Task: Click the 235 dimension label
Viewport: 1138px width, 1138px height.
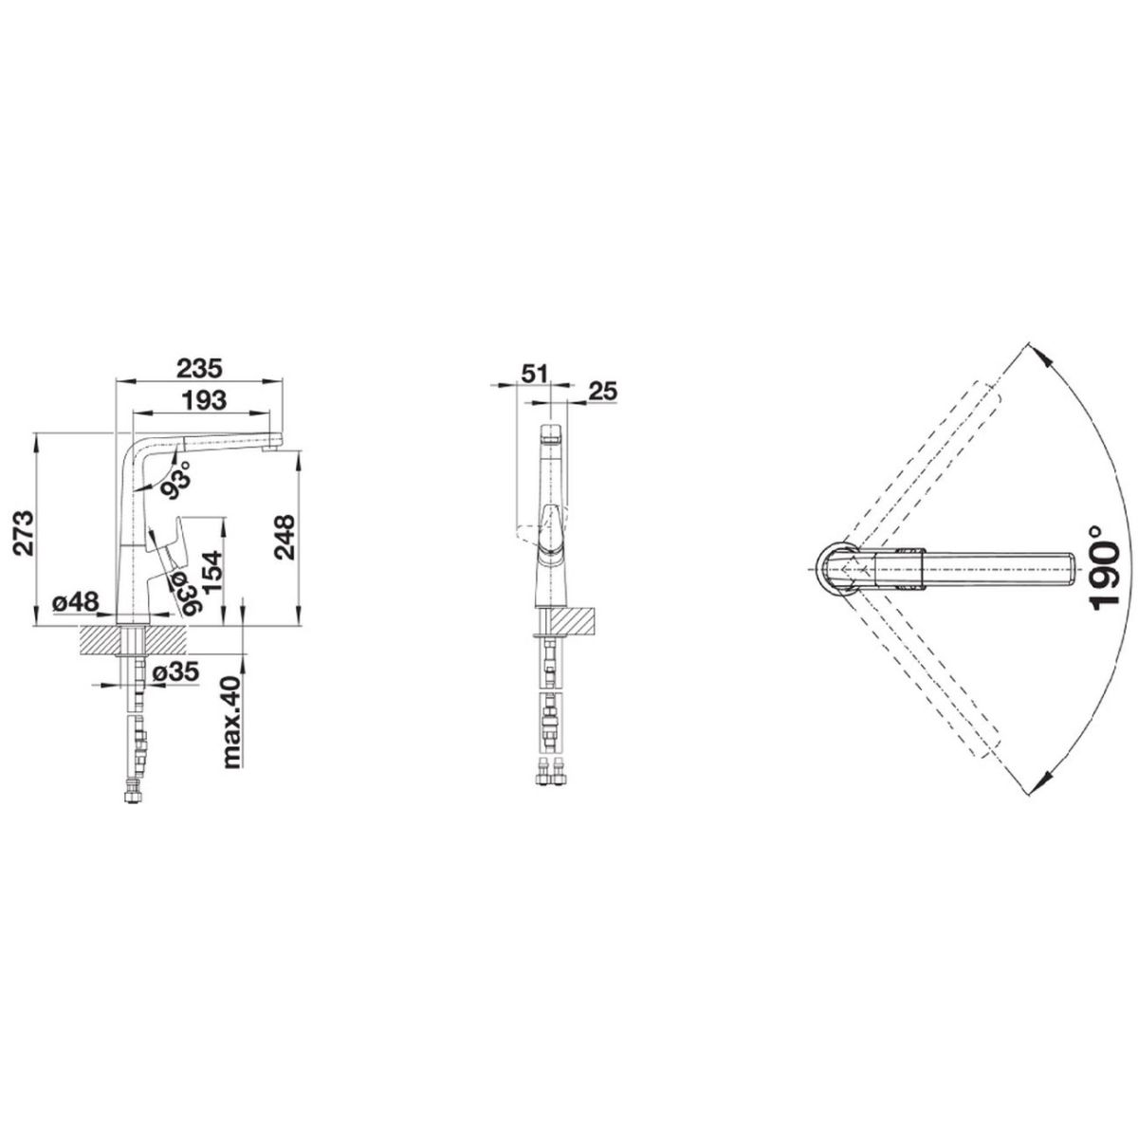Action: pyautogui.click(x=199, y=368)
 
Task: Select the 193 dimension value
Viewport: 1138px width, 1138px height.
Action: pyautogui.click(x=204, y=400)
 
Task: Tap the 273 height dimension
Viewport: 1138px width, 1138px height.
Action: pyautogui.click(x=23, y=534)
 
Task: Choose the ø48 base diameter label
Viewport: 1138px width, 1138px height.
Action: pyautogui.click(x=75, y=602)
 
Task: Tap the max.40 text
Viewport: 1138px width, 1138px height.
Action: pyautogui.click(x=232, y=723)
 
